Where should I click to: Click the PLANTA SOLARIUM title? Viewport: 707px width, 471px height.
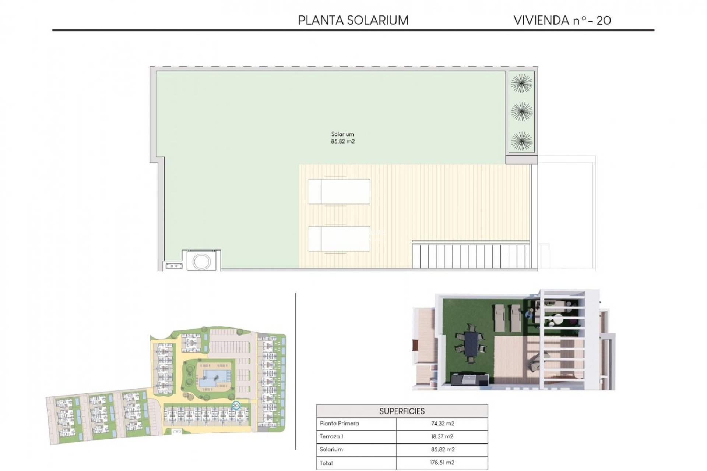coord(353,20)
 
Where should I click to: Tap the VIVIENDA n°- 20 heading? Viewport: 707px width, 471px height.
coord(562,20)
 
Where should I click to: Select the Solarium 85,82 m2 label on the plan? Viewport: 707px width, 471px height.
coord(342,138)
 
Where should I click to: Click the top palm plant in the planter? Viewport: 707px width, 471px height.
coord(521,83)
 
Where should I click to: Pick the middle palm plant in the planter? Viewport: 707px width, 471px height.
coord(521,111)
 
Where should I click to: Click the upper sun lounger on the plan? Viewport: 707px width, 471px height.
coord(339,191)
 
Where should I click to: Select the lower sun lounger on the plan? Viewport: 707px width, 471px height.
coord(339,238)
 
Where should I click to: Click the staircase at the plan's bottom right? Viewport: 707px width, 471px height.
coord(471,255)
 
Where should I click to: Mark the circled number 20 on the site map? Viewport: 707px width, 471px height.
coord(236,406)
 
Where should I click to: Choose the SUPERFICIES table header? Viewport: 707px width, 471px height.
coord(402,411)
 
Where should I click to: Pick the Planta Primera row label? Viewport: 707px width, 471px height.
coord(339,423)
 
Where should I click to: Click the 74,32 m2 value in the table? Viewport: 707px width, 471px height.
coord(442,423)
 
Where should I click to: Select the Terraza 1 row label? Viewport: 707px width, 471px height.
coord(331,436)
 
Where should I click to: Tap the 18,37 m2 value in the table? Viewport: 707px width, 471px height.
coord(442,436)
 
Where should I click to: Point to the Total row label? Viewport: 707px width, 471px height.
coord(326,463)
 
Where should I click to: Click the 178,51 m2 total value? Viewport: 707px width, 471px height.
coord(442,463)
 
